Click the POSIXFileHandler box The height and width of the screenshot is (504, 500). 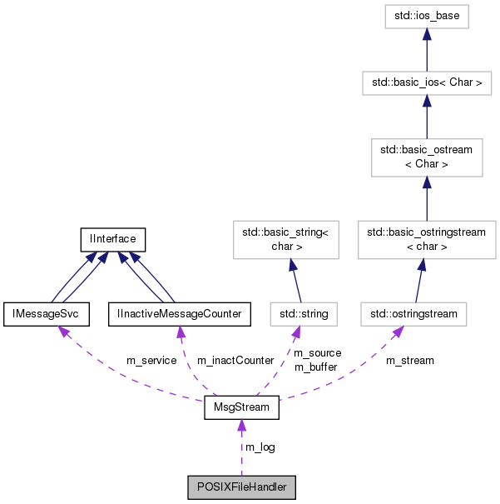(241, 487)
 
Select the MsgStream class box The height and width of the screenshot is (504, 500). (241, 409)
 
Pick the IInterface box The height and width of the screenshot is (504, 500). (113, 240)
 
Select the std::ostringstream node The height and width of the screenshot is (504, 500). (414, 314)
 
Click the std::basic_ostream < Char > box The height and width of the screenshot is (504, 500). (426, 157)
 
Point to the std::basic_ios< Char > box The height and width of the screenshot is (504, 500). (426, 83)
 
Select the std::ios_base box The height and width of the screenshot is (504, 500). (426, 16)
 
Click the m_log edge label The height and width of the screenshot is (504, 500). (260, 447)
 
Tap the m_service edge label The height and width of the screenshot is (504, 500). (151, 361)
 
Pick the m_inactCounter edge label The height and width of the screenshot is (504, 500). (235, 361)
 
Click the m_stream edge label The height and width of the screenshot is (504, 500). (409, 361)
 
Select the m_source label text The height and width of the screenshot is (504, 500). (317, 353)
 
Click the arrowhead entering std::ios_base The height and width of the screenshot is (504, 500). (426, 33)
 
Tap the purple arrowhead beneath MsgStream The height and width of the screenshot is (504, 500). (241, 427)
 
